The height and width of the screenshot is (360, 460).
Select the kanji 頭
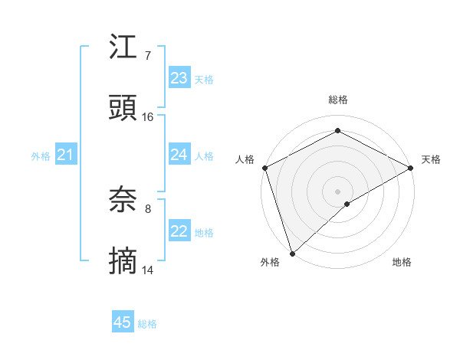(123, 109)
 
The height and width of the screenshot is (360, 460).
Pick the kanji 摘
(123, 262)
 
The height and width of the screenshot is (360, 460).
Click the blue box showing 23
(179, 77)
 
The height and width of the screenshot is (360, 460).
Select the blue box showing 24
(179, 155)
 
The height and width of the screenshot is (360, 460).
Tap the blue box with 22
(179, 231)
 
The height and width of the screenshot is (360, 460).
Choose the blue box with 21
(65, 155)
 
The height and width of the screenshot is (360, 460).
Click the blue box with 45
(123, 322)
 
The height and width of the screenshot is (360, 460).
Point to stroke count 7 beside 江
(147, 54)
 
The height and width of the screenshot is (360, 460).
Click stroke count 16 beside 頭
(148, 116)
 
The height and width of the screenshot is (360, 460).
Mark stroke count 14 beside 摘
(148, 270)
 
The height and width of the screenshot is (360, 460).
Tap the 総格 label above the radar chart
(338, 100)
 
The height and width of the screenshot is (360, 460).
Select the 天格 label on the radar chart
(431, 159)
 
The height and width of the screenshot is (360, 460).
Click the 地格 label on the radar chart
(402, 262)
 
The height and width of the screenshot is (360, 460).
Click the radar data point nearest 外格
(292, 253)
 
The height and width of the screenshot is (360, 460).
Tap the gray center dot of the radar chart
(338, 191)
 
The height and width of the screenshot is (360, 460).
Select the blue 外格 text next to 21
(41, 156)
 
